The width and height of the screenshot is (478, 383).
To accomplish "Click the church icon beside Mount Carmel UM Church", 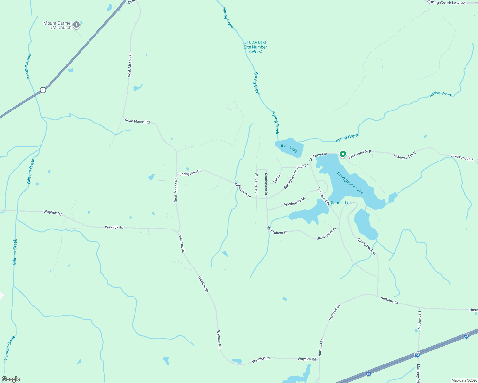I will coord(76,25).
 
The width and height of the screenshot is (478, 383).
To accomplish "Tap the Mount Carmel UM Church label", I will coord(58,25).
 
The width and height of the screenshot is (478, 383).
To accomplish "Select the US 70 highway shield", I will coord(43,90).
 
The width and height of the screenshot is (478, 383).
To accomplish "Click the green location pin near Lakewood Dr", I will coord(343,154).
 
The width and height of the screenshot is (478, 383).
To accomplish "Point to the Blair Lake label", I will coord(289,148).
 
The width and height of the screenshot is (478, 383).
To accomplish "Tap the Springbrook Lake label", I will coord(350,183).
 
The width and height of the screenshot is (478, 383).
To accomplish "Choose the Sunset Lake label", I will coord(342,203).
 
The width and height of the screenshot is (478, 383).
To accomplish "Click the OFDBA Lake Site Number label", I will coord(255,47).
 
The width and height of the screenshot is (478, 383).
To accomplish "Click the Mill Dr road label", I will coord(277,179).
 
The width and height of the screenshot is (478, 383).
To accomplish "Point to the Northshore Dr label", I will coord(295,201).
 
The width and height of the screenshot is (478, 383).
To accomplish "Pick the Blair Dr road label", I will coord(302,166).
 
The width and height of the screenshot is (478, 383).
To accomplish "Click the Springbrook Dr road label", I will coord(367,247).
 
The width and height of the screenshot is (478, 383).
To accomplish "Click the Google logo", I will coord(11,379).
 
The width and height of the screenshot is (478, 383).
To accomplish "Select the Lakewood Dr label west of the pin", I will coord(318,156).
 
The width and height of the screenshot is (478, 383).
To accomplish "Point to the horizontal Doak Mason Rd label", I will coord(137,121).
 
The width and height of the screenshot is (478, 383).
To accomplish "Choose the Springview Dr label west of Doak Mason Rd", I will coord(190,173).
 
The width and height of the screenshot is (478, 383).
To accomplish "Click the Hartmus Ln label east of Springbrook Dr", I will coord(389,300).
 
